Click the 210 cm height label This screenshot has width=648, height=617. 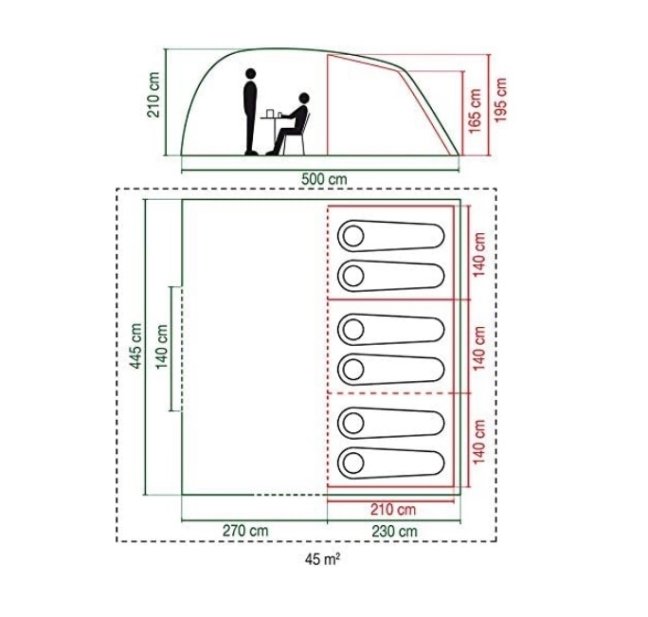click(x=153, y=95)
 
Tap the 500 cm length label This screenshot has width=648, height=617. click(x=324, y=180)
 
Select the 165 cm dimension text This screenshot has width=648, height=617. click(x=476, y=110)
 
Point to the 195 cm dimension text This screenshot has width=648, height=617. click(x=501, y=100)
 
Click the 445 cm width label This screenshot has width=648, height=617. click(x=136, y=346)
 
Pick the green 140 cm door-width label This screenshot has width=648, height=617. click(x=162, y=347)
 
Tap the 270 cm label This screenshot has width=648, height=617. click(x=245, y=531)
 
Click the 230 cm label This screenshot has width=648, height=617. click(x=394, y=531)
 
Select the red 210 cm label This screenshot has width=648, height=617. click(x=392, y=510)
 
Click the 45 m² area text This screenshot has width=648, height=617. click(x=323, y=559)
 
